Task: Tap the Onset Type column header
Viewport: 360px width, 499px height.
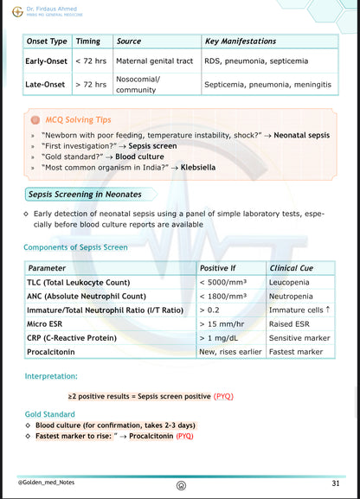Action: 48,42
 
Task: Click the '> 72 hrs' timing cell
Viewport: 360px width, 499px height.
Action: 91,85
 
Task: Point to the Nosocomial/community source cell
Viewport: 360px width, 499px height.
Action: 138,85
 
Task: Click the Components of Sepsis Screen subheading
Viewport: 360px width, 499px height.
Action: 75,247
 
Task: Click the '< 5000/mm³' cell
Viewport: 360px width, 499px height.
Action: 223,282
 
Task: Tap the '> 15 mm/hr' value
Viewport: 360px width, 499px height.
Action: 222,323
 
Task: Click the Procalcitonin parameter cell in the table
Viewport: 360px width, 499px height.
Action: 56,352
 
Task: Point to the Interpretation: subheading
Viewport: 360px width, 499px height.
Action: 51,377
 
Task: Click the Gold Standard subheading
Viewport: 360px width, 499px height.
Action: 49,414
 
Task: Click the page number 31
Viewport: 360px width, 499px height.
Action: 335,483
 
